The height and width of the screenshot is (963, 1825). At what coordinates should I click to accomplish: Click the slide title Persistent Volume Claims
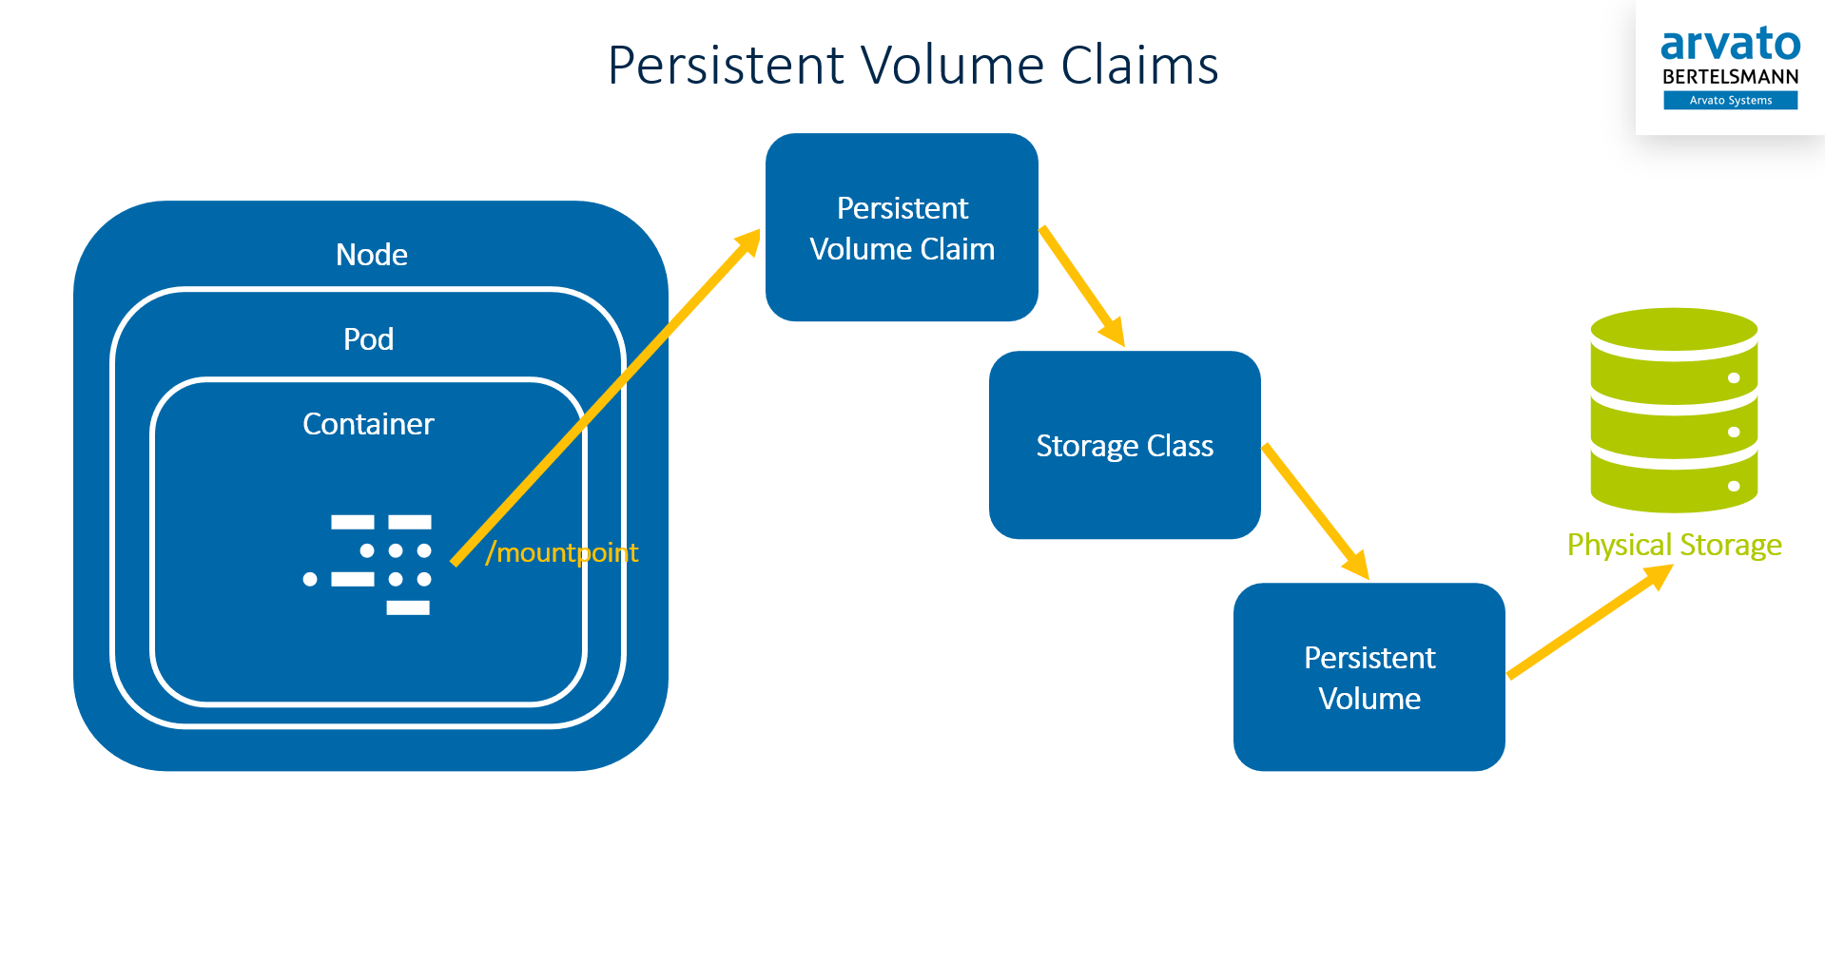(x=912, y=66)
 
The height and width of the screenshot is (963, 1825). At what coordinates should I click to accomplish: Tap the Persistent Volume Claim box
(x=902, y=228)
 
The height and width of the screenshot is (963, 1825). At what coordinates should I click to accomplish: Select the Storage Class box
(x=1124, y=445)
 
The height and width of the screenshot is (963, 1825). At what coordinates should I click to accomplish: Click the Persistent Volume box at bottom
(x=1369, y=677)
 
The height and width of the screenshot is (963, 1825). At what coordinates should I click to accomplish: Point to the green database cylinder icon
(x=1674, y=411)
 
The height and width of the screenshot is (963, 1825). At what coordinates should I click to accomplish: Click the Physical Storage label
(x=1674, y=545)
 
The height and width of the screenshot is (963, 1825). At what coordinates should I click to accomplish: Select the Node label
(x=371, y=255)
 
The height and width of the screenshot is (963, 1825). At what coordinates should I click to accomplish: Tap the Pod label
(x=368, y=339)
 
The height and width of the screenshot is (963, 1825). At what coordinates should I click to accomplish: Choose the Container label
(x=368, y=424)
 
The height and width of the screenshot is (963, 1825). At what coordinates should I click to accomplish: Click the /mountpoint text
(x=562, y=552)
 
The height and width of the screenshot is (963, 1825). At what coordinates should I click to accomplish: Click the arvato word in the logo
(x=1730, y=45)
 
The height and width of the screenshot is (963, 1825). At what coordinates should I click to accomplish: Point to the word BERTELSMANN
(x=1730, y=77)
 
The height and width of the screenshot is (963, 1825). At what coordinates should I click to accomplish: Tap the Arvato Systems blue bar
(x=1730, y=101)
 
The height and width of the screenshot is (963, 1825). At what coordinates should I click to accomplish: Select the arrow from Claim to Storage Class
(x=1082, y=285)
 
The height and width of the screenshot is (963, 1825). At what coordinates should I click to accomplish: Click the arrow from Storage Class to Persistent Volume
(x=1315, y=510)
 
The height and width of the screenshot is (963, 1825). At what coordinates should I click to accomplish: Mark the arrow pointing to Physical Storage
(x=1588, y=622)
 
